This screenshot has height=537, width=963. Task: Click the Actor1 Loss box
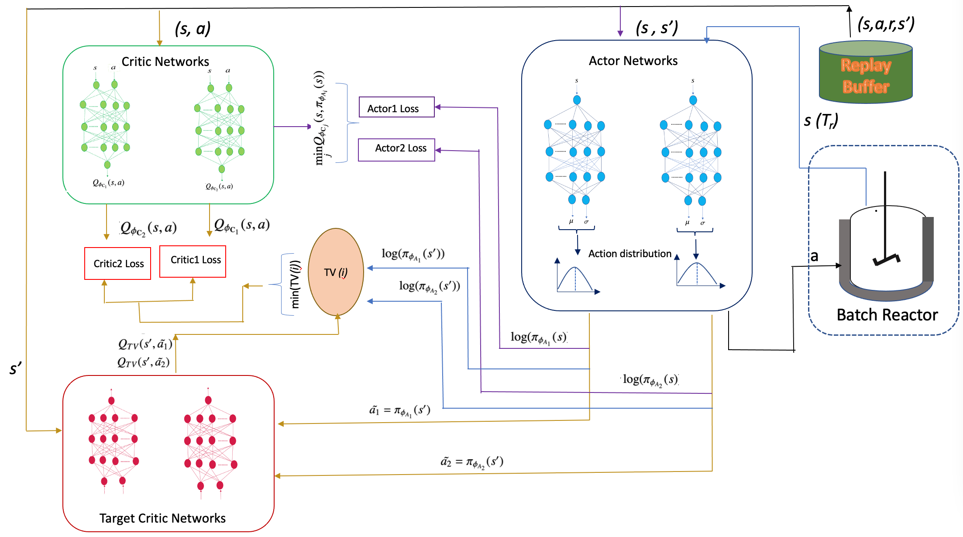pyautogui.click(x=396, y=107)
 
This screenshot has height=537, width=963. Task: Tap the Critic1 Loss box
pyautogui.click(x=193, y=261)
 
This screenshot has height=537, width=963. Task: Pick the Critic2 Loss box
pyautogui.click(x=118, y=263)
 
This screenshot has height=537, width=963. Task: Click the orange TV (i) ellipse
pyautogui.click(x=336, y=272)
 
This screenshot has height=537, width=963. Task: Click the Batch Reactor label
pyautogui.click(x=887, y=315)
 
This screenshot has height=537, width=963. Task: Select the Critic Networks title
pyautogui.click(x=165, y=62)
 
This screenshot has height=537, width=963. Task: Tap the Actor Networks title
pyautogui.click(x=633, y=61)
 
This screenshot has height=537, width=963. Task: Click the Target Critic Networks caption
pyautogui.click(x=162, y=518)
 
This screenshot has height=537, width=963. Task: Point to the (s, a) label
pyautogui.click(x=193, y=29)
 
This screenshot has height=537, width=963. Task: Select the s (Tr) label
pyautogui.click(x=821, y=120)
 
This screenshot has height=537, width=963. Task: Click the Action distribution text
pyautogui.click(x=629, y=254)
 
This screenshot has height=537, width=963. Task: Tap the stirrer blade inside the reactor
pyautogui.click(x=886, y=260)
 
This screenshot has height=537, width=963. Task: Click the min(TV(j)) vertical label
pyautogui.click(x=296, y=284)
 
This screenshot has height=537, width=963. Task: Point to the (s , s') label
pyautogui.click(x=657, y=28)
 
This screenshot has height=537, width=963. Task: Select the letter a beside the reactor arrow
pyautogui.click(x=814, y=256)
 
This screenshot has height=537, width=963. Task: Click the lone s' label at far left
pyautogui.click(x=15, y=369)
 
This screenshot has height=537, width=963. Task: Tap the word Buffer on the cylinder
pyautogui.click(x=866, y=86)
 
